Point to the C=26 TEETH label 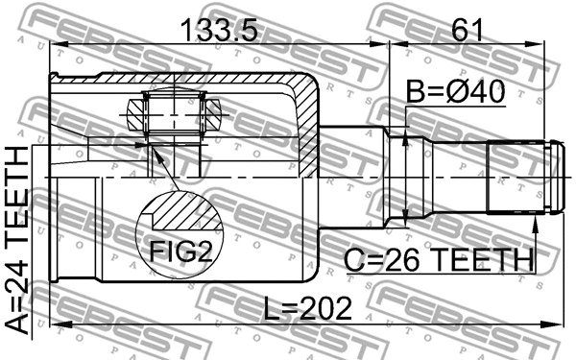440,259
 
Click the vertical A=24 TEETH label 16,241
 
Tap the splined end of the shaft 518,178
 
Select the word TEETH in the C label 480,259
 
